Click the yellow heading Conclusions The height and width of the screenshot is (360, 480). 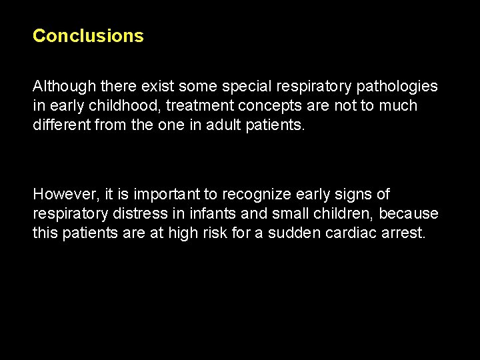click(88, 35)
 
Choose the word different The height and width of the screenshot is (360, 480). click(59, 125)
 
